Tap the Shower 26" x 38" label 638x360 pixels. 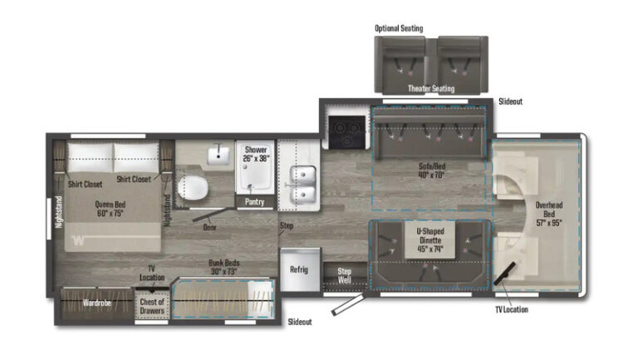point(255,155)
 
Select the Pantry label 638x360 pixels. point(255,201)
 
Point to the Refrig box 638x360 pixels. point(299,269)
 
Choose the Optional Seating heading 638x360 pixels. point(399,28)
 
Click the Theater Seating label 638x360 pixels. point(430,88)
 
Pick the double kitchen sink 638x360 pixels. point(302,185)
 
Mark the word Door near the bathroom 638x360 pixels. point(211,225)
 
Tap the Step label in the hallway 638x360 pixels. point(287,225)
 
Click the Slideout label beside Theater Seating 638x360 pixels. point(510,101)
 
